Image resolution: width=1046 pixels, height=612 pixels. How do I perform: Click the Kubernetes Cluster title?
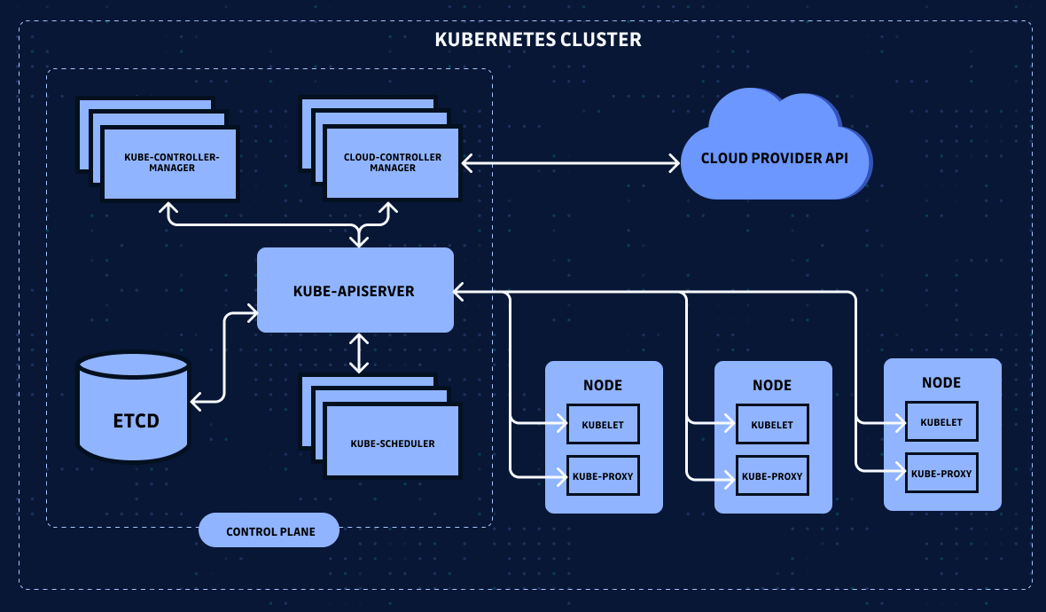click(537, 40)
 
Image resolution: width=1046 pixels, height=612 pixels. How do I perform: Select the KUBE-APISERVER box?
click(355, 291)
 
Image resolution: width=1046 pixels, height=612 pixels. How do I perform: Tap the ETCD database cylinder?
click(134, 409)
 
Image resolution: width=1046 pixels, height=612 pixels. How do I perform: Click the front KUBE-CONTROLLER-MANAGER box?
click(170, 163)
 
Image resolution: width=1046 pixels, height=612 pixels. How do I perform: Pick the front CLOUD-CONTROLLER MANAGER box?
click(392, 163)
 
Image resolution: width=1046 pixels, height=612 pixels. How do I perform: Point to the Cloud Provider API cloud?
click(774, 152)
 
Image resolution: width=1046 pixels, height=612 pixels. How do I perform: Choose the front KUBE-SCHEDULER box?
click(392, 442)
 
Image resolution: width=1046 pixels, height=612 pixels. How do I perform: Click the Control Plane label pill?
click(269, 530)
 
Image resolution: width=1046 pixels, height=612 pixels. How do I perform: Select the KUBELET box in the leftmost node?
click(603, 425)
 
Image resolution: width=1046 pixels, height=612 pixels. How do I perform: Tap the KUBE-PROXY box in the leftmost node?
click(603, 476)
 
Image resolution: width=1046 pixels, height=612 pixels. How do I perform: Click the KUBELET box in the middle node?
click(771, 425)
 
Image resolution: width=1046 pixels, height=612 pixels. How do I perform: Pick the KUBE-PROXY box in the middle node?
click(771, 476)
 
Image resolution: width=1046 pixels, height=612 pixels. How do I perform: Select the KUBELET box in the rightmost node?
click(941, 422)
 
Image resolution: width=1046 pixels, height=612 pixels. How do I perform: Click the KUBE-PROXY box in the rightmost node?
click(941, 474)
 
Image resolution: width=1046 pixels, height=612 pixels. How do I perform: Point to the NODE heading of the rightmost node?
click(941, 382)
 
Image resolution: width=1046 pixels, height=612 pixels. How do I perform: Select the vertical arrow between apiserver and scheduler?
click(358, 353)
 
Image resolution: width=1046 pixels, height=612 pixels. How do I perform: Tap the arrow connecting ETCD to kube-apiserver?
click(224, 359)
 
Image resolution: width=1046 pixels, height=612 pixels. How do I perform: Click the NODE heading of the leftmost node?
click(603, 385)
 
